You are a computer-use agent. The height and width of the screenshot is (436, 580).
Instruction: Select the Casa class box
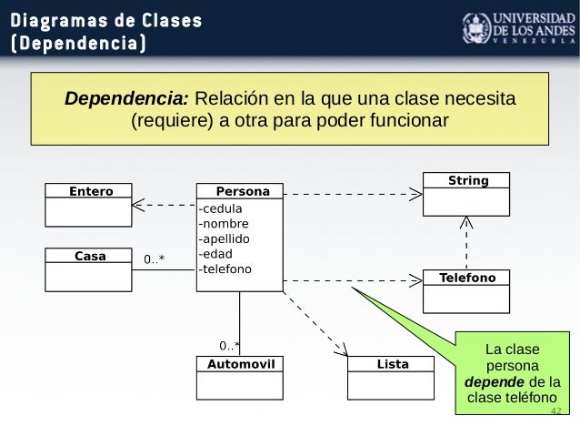90,269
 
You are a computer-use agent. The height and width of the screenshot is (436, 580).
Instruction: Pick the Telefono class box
467,290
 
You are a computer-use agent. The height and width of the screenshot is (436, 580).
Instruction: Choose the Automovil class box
240,378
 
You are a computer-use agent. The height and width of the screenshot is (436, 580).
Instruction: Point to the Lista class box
392,378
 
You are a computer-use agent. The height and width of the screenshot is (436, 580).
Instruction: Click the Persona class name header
242,192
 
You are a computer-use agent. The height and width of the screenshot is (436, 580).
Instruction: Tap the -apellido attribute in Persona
224,238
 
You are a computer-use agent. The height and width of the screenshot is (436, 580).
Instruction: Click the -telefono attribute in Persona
225,269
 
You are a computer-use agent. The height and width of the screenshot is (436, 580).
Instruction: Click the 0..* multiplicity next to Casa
155,260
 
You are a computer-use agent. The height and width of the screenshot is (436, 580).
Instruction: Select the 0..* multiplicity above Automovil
229,346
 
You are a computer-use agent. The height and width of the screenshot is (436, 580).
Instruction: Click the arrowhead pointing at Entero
138,204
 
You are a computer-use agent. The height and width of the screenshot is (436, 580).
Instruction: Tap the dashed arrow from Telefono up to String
466,244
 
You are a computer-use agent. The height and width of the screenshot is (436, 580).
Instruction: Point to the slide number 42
556,411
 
